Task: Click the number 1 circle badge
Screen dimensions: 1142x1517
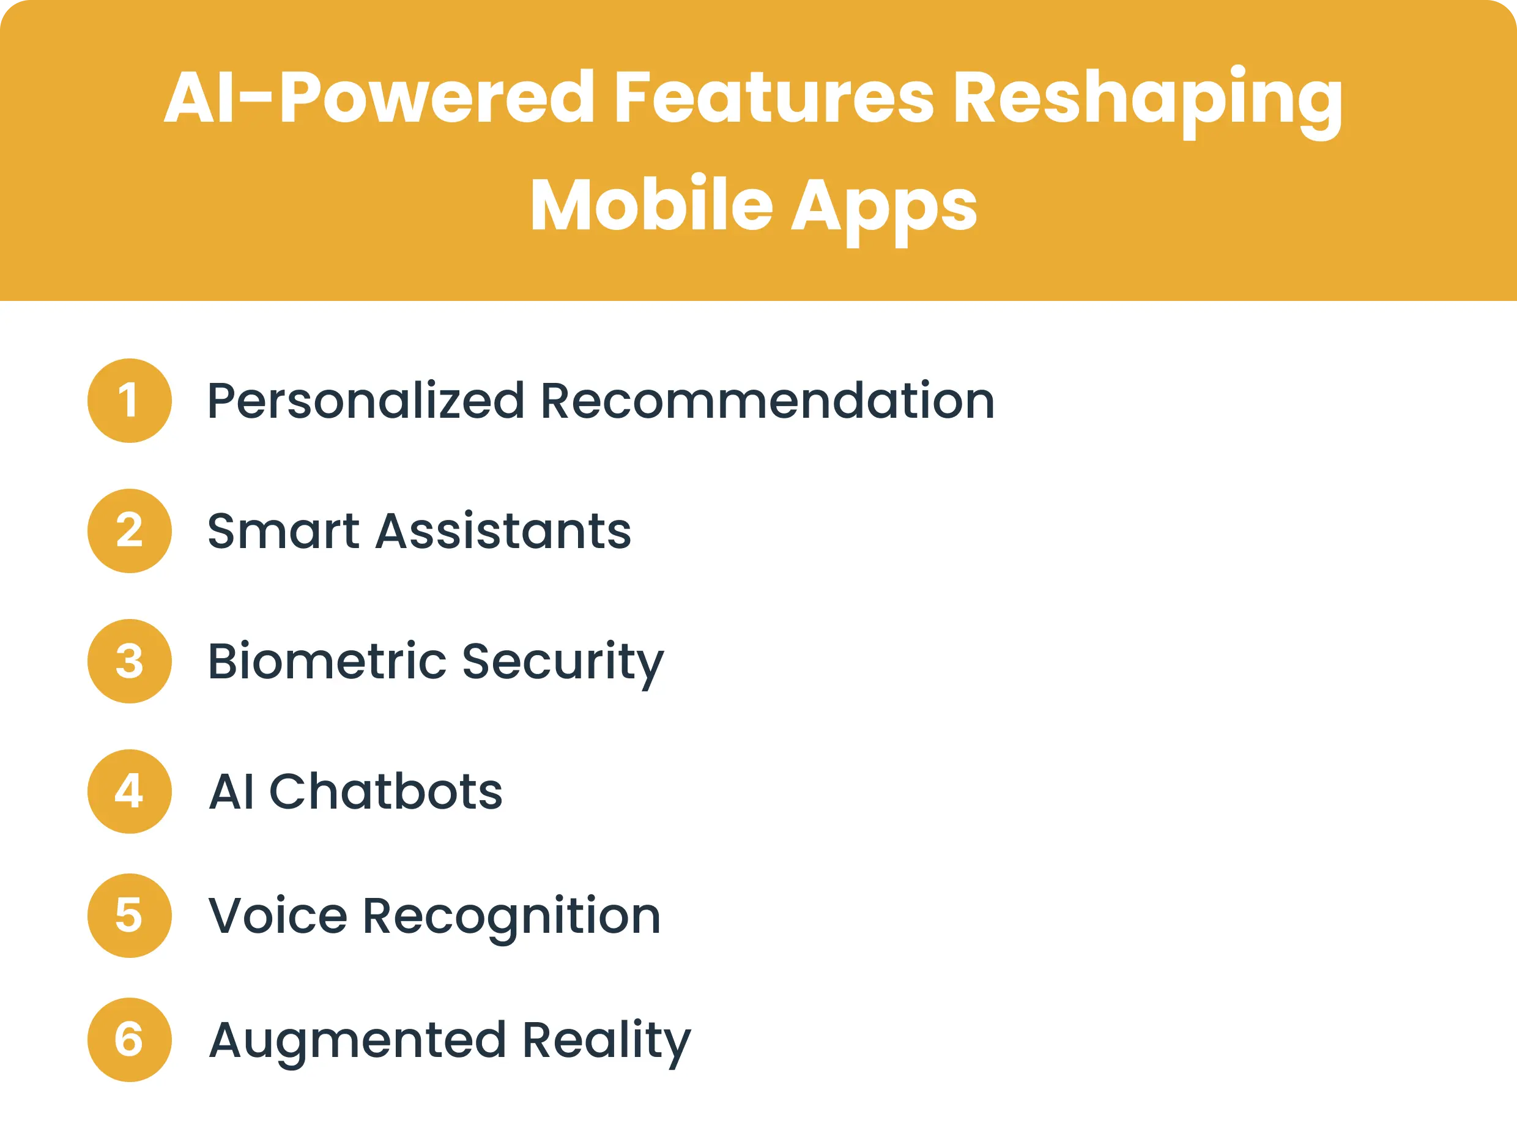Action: [x=129, y=401]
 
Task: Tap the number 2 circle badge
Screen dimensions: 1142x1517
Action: [x=129, y=531]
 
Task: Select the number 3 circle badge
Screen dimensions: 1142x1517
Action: [x=129, y=661]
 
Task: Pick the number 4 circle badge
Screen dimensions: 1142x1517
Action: [x=129, y=792]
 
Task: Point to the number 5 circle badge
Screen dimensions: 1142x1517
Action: [x=129, y=916]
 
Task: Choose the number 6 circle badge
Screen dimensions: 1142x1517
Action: [x=129, y=1040]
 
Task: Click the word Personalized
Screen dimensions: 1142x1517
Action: [x=366, y=402]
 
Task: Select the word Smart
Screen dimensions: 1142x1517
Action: [x=283, y=531]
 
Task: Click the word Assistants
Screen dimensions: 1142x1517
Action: [x=503, y=531]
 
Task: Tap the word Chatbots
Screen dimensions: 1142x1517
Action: [x=386, y=792]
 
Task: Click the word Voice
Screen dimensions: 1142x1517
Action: [x=278, y=916]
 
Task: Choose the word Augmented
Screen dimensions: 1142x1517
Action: [x=357, y=1041]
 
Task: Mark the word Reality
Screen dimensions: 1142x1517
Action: [x=606, y=1041]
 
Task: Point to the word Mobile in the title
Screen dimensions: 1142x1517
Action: [x=651, y=204]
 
